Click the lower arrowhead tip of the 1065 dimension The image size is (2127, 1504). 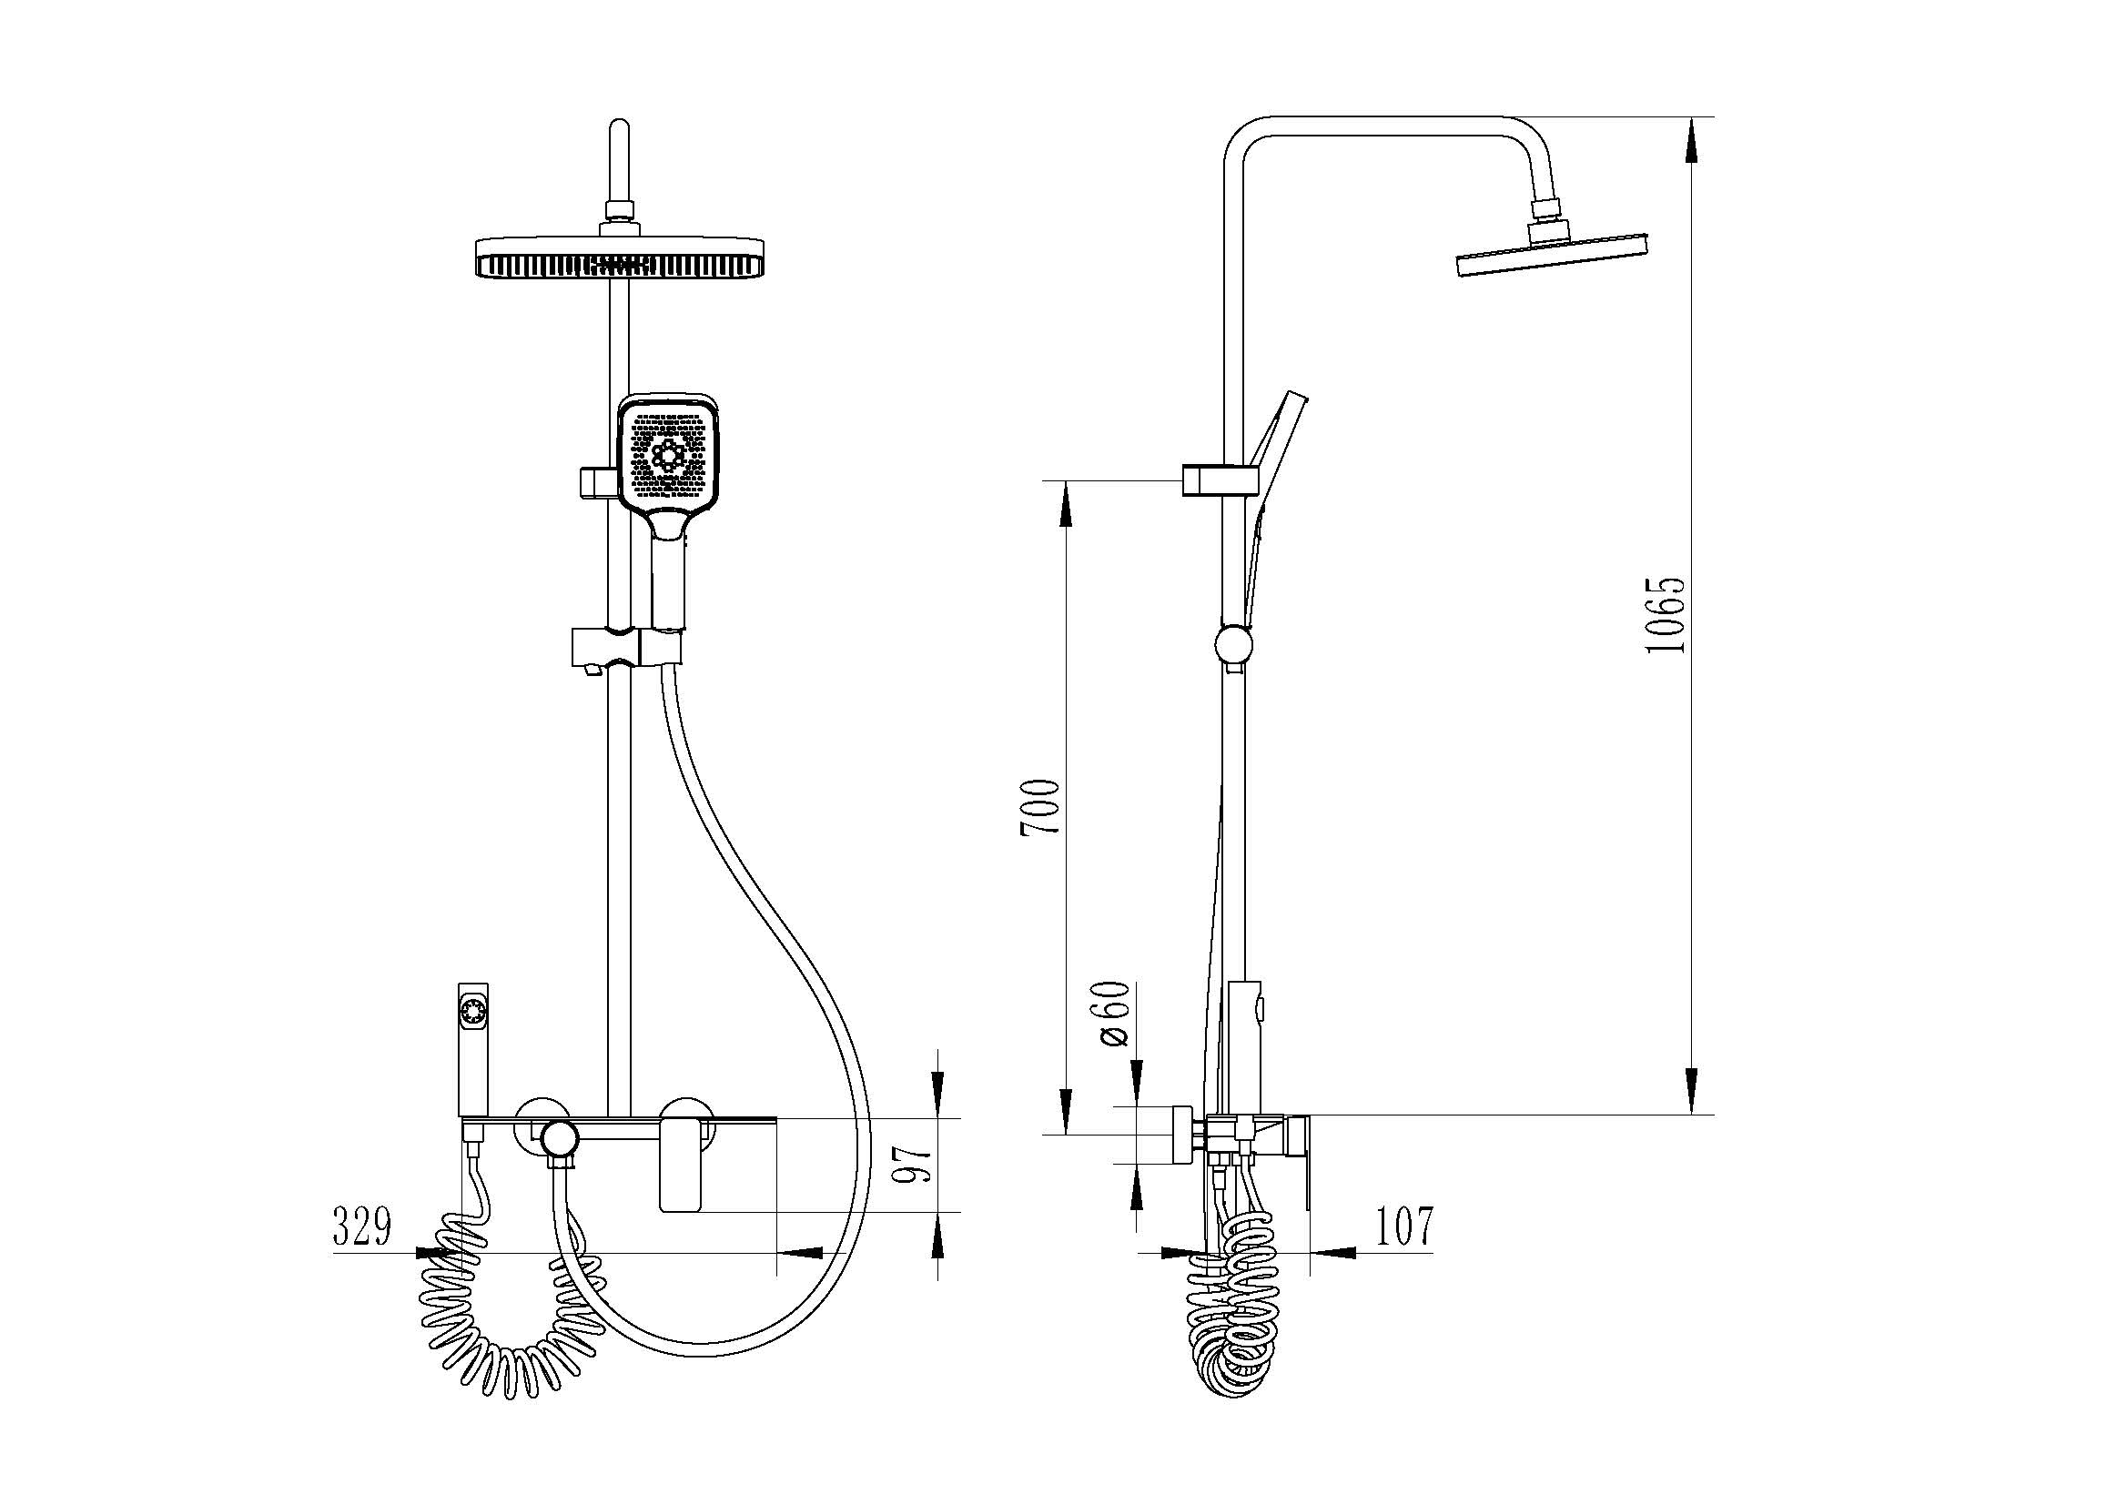tap(1692, 1114)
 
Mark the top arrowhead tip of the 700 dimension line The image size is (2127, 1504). tap(1067, 480)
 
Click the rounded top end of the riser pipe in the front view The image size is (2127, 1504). tap(619, 124)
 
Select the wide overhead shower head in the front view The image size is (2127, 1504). tap(620, 257)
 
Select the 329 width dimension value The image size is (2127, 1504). tap(363, 1227)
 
